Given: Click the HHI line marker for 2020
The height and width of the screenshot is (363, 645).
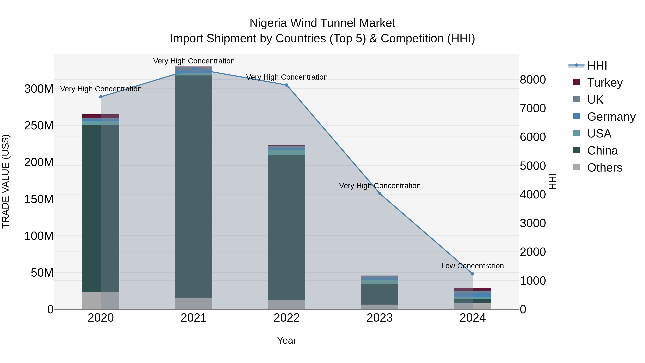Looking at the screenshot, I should pos(101,97).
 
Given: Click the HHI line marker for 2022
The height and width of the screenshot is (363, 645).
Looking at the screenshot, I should pos(287,85).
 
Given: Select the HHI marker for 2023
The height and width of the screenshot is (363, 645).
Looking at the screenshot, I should pos(380,193).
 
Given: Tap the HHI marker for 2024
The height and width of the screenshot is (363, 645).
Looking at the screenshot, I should pos(472,274).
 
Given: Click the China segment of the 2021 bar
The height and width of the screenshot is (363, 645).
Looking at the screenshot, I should pos(193,185).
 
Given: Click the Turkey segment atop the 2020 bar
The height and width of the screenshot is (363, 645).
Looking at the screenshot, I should pos(101,116).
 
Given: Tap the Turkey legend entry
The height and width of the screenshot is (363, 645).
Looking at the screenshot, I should pos(605,83).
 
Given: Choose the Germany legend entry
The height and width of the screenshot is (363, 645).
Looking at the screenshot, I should pos(611,117).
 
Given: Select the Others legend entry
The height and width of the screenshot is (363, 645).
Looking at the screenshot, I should pos(605,168).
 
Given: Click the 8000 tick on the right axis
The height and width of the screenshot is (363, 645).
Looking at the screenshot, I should pos(533,80).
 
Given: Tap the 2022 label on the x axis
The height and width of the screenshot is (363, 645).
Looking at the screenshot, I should pos(287,318).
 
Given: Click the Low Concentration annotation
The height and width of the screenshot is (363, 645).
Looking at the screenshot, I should pos(472,266).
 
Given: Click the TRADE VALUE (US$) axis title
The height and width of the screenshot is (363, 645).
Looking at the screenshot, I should pos(6,181).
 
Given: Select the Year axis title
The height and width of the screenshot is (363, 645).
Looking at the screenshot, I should pos(287,340).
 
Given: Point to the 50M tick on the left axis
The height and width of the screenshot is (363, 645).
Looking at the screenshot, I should pos(42,272).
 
